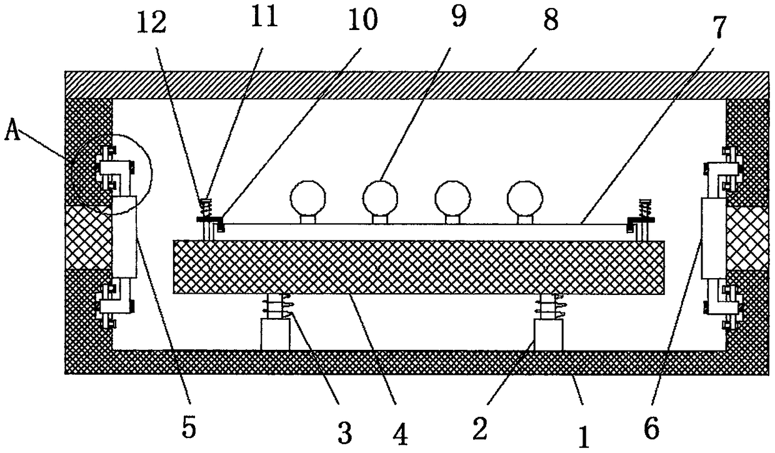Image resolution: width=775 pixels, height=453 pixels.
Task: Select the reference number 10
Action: click(x=363, y=20)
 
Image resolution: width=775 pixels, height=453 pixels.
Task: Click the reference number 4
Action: click(x=400, y=432)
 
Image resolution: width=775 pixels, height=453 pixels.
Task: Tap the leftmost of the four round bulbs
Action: click(x=308, y=197)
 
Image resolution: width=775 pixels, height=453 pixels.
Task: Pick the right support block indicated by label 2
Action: click(x=548, y=335)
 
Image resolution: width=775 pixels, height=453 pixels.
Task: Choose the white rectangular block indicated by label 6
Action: click(x=713, y=238)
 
